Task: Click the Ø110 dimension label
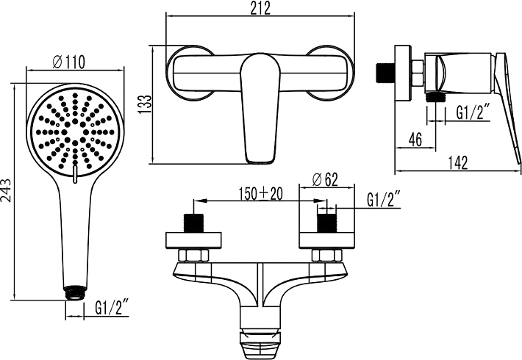tap(68, 63)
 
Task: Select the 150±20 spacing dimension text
tap(260, 193)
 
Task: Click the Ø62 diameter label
tap(324, 179)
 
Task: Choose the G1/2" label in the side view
tap(473, 112)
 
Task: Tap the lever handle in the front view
tap(260, 107)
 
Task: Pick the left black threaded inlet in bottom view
tap(195, 223)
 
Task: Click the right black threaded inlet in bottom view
tap(325, 223)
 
